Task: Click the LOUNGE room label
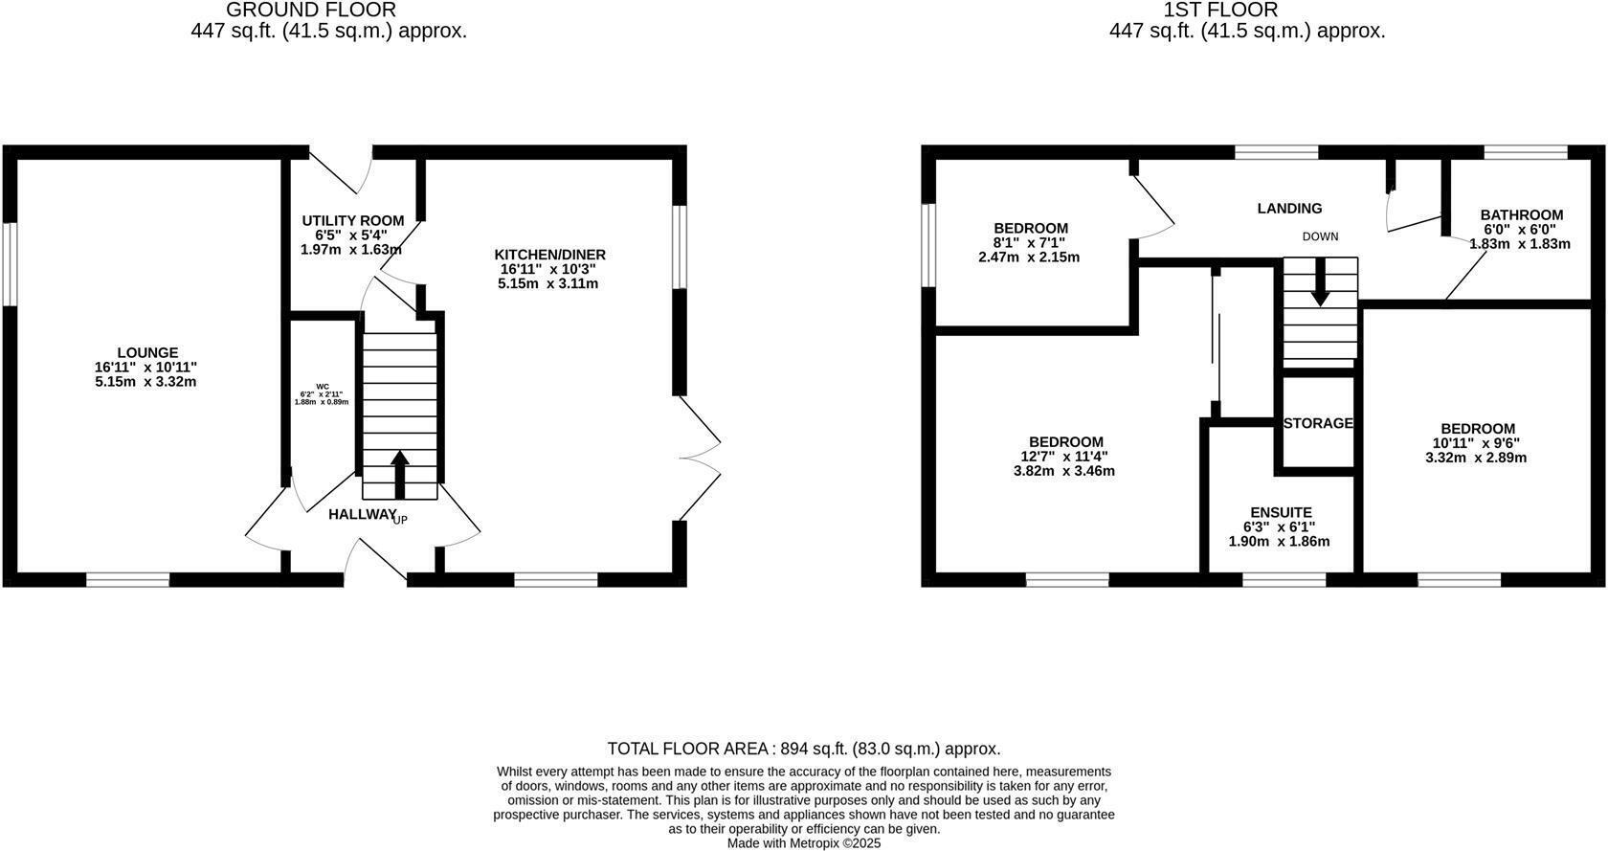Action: [147, 353]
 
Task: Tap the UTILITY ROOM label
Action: [352, 221]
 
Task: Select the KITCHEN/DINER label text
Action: [549, 255]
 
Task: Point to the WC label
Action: [322, 387]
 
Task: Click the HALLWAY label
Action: [362, 515]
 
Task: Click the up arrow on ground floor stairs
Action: [400, 473]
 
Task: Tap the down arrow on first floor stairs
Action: [1320, 283]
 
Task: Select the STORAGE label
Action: [1318, 423]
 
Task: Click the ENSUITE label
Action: [1281, 513]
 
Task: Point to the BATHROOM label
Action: [1521, 215]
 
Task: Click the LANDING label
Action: [1289, 209]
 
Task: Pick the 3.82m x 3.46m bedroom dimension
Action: [1063, 471]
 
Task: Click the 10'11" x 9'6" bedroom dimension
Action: [1476, 443]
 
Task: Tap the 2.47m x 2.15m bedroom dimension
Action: [1029, 258]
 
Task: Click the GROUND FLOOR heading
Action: [311, 11]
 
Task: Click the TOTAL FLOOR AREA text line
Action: [804, 749]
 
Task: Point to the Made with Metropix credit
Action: [804, 843]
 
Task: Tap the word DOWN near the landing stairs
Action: [1320, 236]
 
